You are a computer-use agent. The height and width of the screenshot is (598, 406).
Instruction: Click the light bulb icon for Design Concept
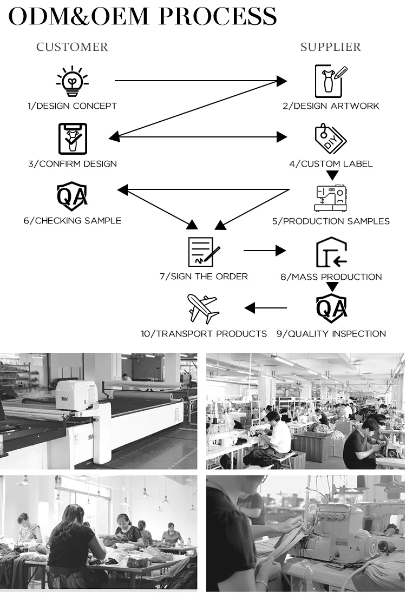tap(72, 82)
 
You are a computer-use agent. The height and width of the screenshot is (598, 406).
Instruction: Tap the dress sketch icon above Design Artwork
tap(331, 81)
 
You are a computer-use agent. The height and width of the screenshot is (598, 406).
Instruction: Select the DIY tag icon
tap(331, 139)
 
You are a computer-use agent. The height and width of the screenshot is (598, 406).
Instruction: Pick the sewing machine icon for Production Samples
tap(331, 198)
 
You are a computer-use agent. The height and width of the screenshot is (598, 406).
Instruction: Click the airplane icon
tap(203, 309)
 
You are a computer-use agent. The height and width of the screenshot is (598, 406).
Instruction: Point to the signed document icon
tap(204, 251)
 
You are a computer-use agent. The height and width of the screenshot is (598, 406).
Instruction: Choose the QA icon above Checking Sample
tap(72, 196)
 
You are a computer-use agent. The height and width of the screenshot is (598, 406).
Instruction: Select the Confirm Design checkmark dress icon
tap(72, 139)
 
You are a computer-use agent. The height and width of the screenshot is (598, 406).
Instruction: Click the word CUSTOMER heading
tap(72, 47)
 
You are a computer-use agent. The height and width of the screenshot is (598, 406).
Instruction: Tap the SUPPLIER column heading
tap(331, 47)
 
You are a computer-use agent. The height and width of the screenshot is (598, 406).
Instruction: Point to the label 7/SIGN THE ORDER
tap(204, 277)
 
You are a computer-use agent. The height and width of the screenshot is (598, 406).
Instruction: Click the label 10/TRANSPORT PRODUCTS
tap(204, 334)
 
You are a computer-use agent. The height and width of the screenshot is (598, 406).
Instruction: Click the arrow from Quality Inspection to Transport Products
tap(265, 308)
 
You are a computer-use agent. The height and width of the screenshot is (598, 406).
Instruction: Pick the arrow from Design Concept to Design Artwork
tap(200, 81)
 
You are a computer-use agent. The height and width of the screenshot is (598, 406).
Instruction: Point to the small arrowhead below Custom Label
tap(332, 175)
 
